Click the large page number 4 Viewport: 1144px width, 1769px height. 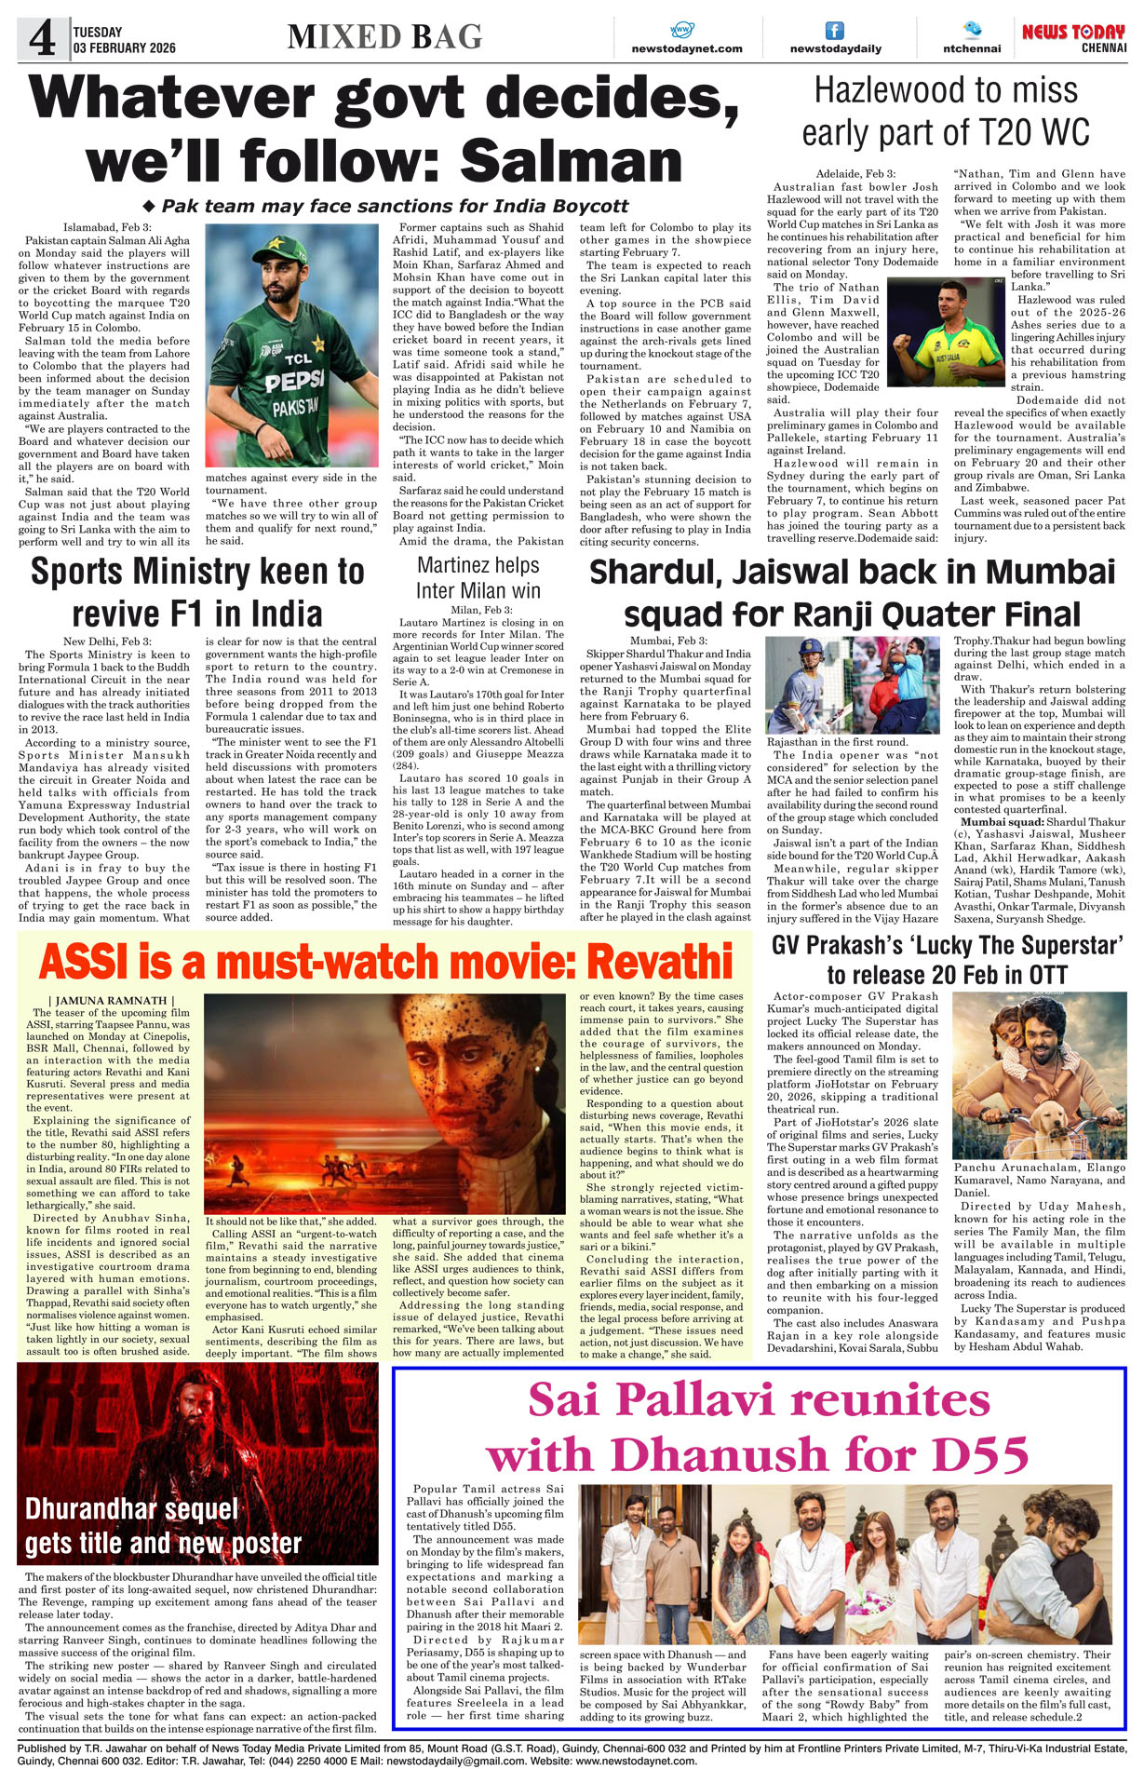43,39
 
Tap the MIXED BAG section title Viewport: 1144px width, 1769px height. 384,37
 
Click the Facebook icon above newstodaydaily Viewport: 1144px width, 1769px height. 835,31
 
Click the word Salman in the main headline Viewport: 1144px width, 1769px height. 572,160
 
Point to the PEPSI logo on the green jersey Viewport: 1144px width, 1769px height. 294,382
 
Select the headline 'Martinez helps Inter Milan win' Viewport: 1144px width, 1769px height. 478,577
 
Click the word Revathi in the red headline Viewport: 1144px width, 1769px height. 659,961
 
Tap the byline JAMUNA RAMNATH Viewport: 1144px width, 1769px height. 110,1000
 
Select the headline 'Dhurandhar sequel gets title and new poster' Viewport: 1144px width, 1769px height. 163,1527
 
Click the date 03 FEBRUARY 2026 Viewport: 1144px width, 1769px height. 124,47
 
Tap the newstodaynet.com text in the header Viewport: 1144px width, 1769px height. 686,48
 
